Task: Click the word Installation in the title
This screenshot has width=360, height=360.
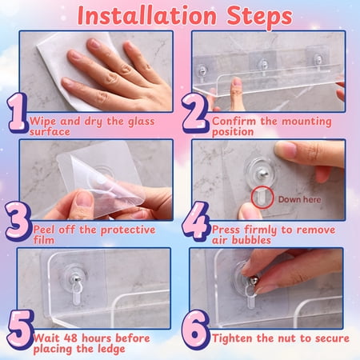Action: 146,16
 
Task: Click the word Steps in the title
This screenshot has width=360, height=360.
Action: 259,18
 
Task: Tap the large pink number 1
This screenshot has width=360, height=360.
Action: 18,113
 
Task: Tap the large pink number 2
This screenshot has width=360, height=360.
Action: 194,114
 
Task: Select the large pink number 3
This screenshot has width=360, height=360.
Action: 18,222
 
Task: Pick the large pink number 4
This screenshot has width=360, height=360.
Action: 196,222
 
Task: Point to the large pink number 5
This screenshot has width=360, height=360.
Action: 20,330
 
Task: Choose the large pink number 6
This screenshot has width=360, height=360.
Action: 195,330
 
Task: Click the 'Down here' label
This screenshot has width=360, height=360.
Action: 299,199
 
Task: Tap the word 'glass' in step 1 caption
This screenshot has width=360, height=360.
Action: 142,122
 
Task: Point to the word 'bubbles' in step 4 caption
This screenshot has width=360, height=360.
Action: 251,240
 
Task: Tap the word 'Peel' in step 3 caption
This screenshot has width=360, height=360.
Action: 44,230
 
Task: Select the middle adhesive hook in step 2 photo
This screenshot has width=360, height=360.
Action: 262,63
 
